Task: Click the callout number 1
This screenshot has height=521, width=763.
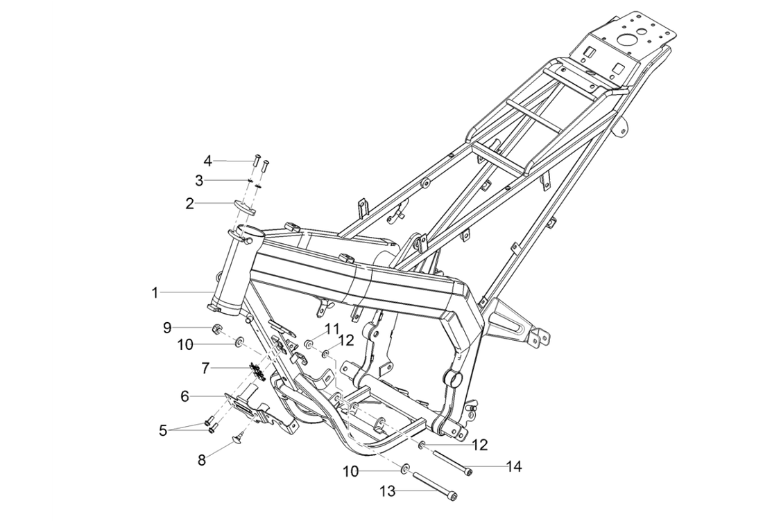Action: pyautogui.click(x=155, y=293)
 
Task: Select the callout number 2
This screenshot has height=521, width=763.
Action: pyautogui.click(x=189, y=204)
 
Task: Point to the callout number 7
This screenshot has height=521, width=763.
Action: pyautogui.click(x=205, y=368)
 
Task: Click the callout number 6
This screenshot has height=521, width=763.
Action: pyautogui.click(x=185, y=396)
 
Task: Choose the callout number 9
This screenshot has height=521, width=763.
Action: pyautogui.click(x=167, y=327)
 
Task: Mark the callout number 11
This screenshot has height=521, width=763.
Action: pyautogui.click(x=332, y=328)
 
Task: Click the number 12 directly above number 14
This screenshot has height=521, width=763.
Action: pyautogui.click(x=480, y=444)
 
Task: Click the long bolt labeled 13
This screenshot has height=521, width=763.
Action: pyautogui.click(x=434, y=484)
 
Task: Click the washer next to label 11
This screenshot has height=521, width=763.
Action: pyautogui.click(x=309, y=344)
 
